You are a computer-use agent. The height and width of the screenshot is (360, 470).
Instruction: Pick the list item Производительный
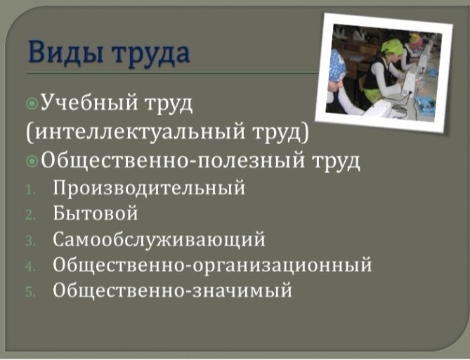(149, 188)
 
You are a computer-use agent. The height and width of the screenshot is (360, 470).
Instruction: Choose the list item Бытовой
(96, 213)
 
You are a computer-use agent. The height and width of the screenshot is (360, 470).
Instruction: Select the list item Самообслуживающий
(159, 240)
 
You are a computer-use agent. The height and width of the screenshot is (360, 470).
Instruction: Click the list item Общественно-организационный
(212, 265)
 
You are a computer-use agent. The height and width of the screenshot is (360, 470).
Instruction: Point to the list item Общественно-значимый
(172, 290)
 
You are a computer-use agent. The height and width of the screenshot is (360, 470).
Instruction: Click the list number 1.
(31, 191)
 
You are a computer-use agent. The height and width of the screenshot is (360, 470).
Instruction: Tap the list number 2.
(31, 215)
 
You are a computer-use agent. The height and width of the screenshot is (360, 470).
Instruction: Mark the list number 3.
(31, 241)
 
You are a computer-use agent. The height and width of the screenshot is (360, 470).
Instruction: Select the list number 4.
(31, 266)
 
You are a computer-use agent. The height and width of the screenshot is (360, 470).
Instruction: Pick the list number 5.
(31, 292)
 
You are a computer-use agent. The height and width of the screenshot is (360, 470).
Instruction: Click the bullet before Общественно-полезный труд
(32, 162)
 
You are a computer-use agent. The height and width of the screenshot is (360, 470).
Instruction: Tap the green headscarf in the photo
(392, 47)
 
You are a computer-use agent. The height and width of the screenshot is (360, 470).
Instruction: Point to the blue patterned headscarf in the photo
(337, 67)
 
